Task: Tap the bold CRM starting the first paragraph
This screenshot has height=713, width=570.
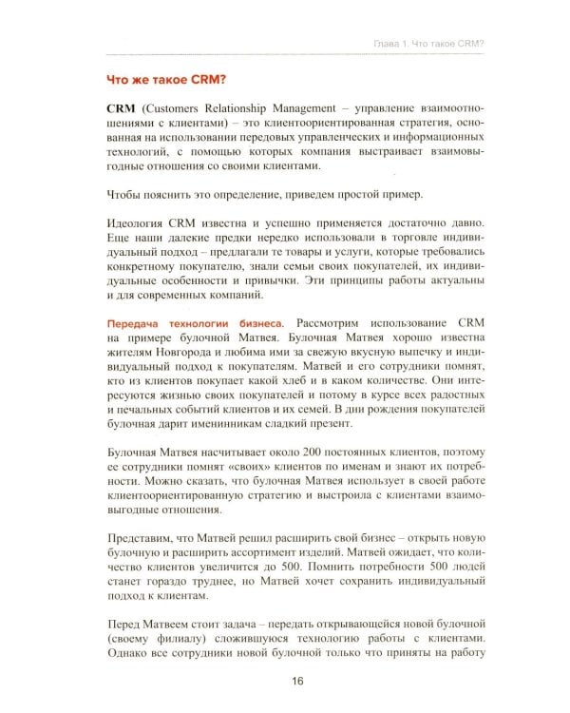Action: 122,110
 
